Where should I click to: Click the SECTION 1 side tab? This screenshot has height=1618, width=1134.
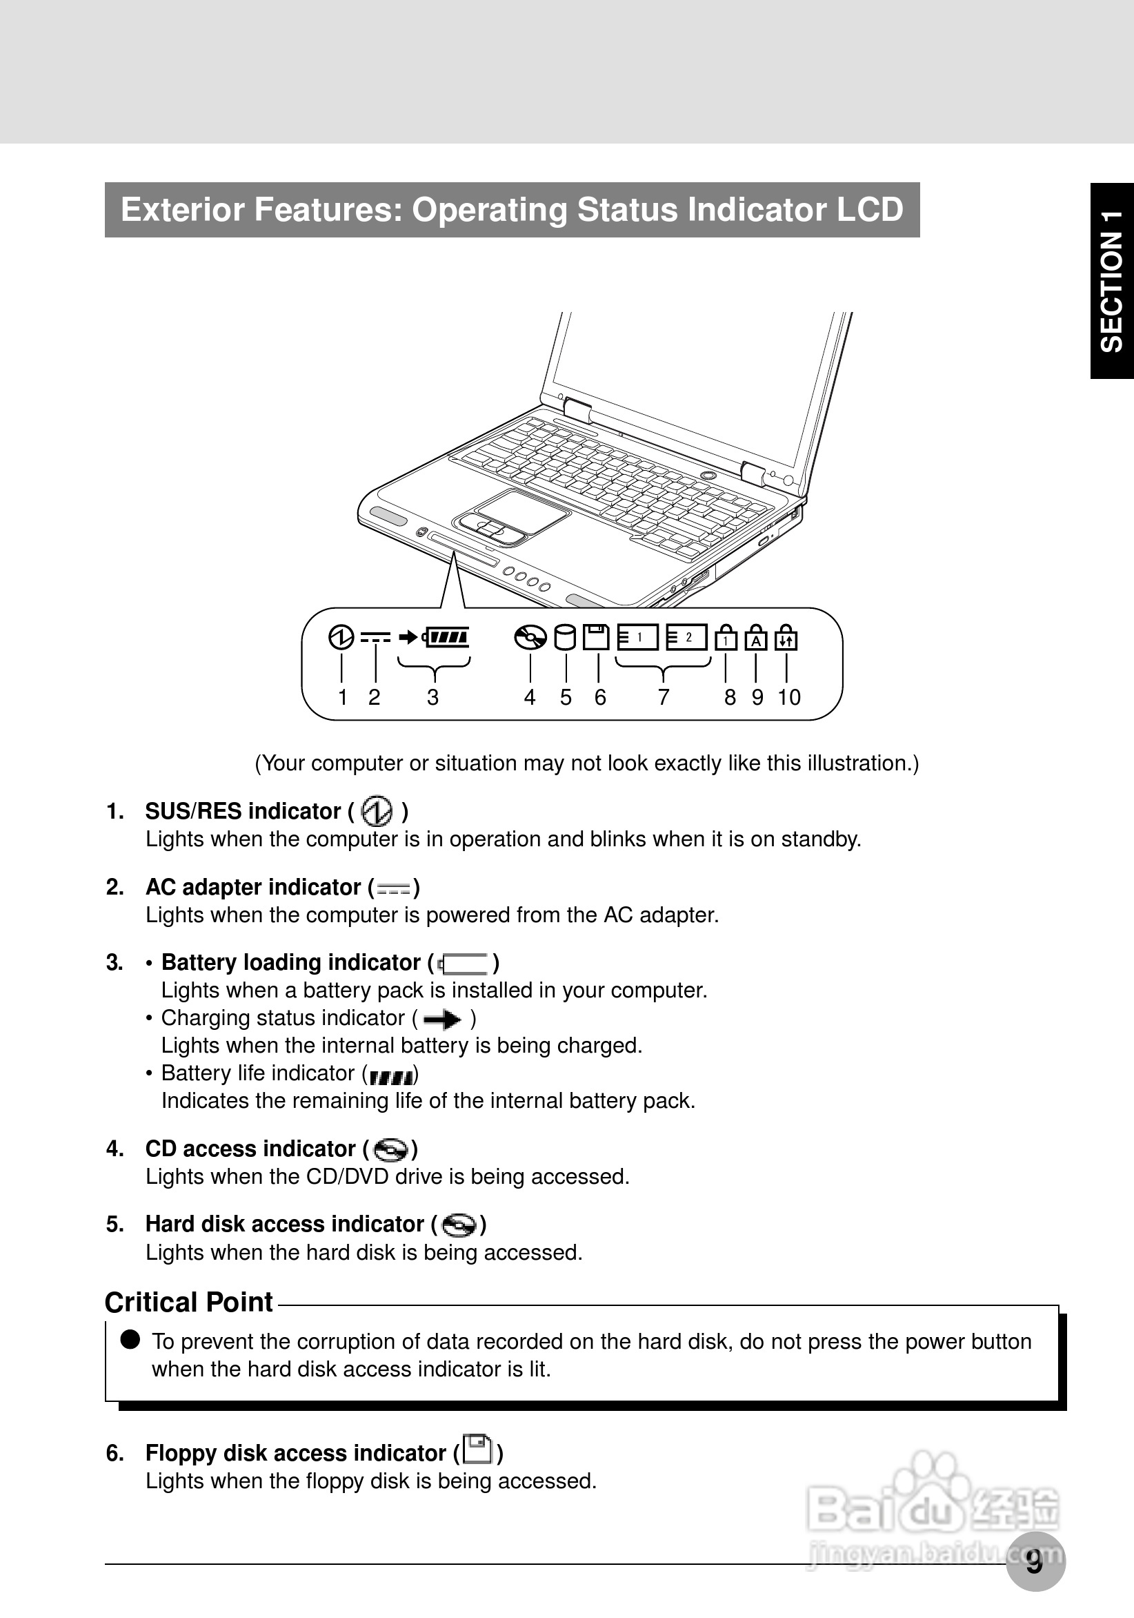point(1111,281)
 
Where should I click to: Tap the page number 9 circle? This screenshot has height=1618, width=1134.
point(1035,1561)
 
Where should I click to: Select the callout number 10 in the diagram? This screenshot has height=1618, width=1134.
point(789,697)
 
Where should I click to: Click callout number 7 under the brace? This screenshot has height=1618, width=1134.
point(664,697)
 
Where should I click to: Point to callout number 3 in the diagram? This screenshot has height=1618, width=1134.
point(432,697)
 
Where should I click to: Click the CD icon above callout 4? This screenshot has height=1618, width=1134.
point(530,637)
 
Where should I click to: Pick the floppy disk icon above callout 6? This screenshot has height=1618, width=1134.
point(597,637)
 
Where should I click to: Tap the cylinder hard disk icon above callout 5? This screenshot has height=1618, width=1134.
point(565,637)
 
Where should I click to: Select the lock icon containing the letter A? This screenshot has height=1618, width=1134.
point(756,638)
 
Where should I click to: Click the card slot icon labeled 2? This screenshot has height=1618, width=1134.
point(687,637)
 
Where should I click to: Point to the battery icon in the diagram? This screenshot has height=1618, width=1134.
point(446,637)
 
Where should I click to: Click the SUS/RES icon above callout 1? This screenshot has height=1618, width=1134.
point(341,637)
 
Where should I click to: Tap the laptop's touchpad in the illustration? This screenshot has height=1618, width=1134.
point(521,509)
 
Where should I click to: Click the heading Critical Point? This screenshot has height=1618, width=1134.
point(189,1303)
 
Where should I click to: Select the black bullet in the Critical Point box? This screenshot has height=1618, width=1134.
point(130,1340)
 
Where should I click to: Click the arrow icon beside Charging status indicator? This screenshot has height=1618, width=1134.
point(442,1019)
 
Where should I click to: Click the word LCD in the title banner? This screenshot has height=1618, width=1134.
point(869,209)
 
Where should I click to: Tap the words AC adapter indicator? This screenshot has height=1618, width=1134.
point(253,886)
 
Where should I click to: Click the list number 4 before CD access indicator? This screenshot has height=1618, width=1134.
point(115,1149)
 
